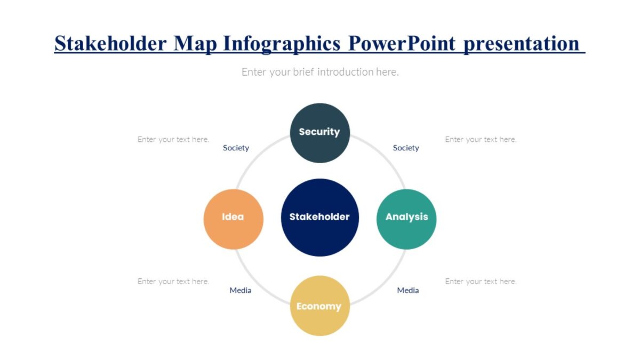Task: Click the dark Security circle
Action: (x=319, y=133)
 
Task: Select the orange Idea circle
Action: (x=234, y=219)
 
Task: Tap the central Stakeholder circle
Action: (x=319, y=217)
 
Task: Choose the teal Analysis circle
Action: (x=406, y=219)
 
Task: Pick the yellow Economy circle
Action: (x=319, y=306)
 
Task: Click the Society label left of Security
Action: (x=236, y=148)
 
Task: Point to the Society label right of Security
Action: (x=406, y=148)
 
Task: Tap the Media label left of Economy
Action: (x=241, y=290)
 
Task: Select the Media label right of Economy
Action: (x=408, y=290)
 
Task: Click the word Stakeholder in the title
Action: (x=110, y=43)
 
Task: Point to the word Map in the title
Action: (x=195, y=43)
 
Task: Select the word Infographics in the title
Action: (x=282, y=43)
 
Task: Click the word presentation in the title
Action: (x=521, y=43)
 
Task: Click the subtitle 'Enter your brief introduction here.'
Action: (x=320, y=71)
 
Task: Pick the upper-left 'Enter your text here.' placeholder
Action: (x=173, y=139)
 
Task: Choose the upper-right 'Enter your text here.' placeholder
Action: (x=481, y=139)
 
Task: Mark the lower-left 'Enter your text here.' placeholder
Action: (x=173, y=281)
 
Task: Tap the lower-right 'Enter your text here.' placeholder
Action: (x=481, y=281)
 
